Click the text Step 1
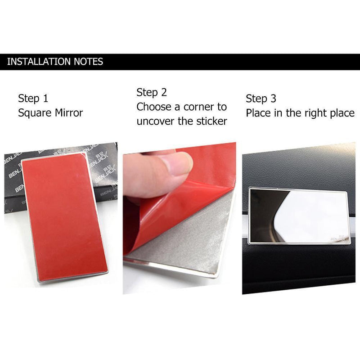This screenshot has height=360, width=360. [x=33, y=99]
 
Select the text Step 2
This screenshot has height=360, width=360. [x=152, y=93]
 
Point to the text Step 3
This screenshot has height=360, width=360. [x=261, y=99]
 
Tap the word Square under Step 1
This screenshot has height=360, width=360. [x=33, y=112]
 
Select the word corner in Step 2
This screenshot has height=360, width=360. [x=198, y=107]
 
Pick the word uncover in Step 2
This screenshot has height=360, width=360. [x=156, y=121]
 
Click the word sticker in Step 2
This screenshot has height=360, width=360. [x=210, y=121]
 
